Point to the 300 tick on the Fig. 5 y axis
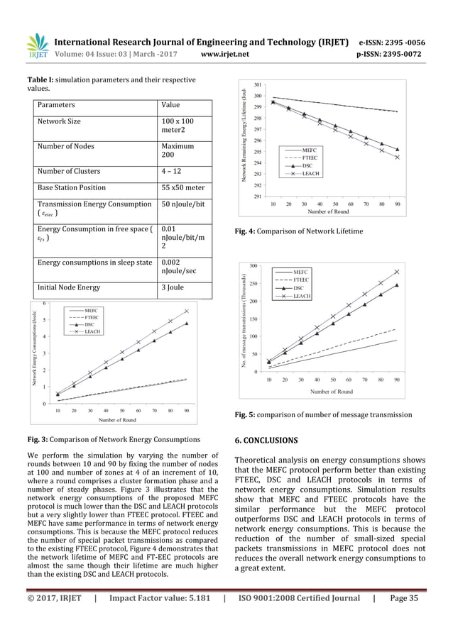click(x=253, y=265)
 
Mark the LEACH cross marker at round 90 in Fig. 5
click(x=396, y=272)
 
